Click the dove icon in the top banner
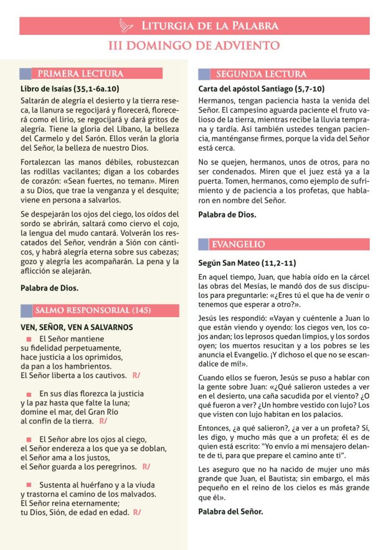tap(127, 26)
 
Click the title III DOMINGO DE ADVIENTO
tap(194, 45)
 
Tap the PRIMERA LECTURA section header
tap(80, 74)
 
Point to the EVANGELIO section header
tap(238, 245)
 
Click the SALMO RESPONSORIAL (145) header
tap(93, 310)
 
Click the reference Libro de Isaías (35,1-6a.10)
tap(70, 88)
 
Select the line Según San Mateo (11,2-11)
tap(247, 263)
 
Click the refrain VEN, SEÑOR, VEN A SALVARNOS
tap(76, 327)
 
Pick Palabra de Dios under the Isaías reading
tap(49, 288)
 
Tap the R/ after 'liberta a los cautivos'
tap(136, 375)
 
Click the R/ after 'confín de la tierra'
tap(103, 421)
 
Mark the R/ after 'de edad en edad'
tap(136, 512)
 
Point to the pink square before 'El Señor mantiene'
tap(29, 339)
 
